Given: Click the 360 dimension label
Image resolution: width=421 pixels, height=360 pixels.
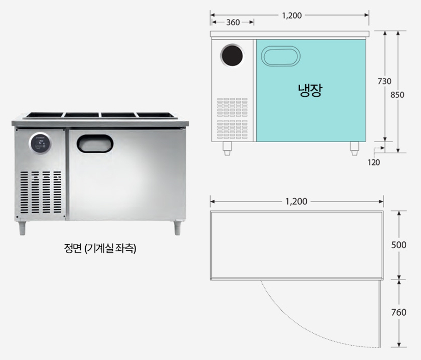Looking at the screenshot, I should coord(233,22).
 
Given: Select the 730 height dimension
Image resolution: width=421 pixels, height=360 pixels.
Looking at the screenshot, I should coord(385,81).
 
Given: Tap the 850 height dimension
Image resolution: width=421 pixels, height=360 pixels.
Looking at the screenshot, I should coord(397,95).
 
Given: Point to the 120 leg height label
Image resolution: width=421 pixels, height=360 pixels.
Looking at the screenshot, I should coord(374,162).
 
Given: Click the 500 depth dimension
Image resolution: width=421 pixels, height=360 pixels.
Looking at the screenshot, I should coord(398,245).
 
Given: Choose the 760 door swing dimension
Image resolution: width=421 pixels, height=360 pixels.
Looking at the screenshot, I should coord(398,312).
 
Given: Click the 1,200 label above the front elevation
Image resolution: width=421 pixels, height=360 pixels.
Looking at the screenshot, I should coord(291,15).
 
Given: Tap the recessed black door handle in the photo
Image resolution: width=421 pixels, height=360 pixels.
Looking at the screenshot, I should coord(95,143).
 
